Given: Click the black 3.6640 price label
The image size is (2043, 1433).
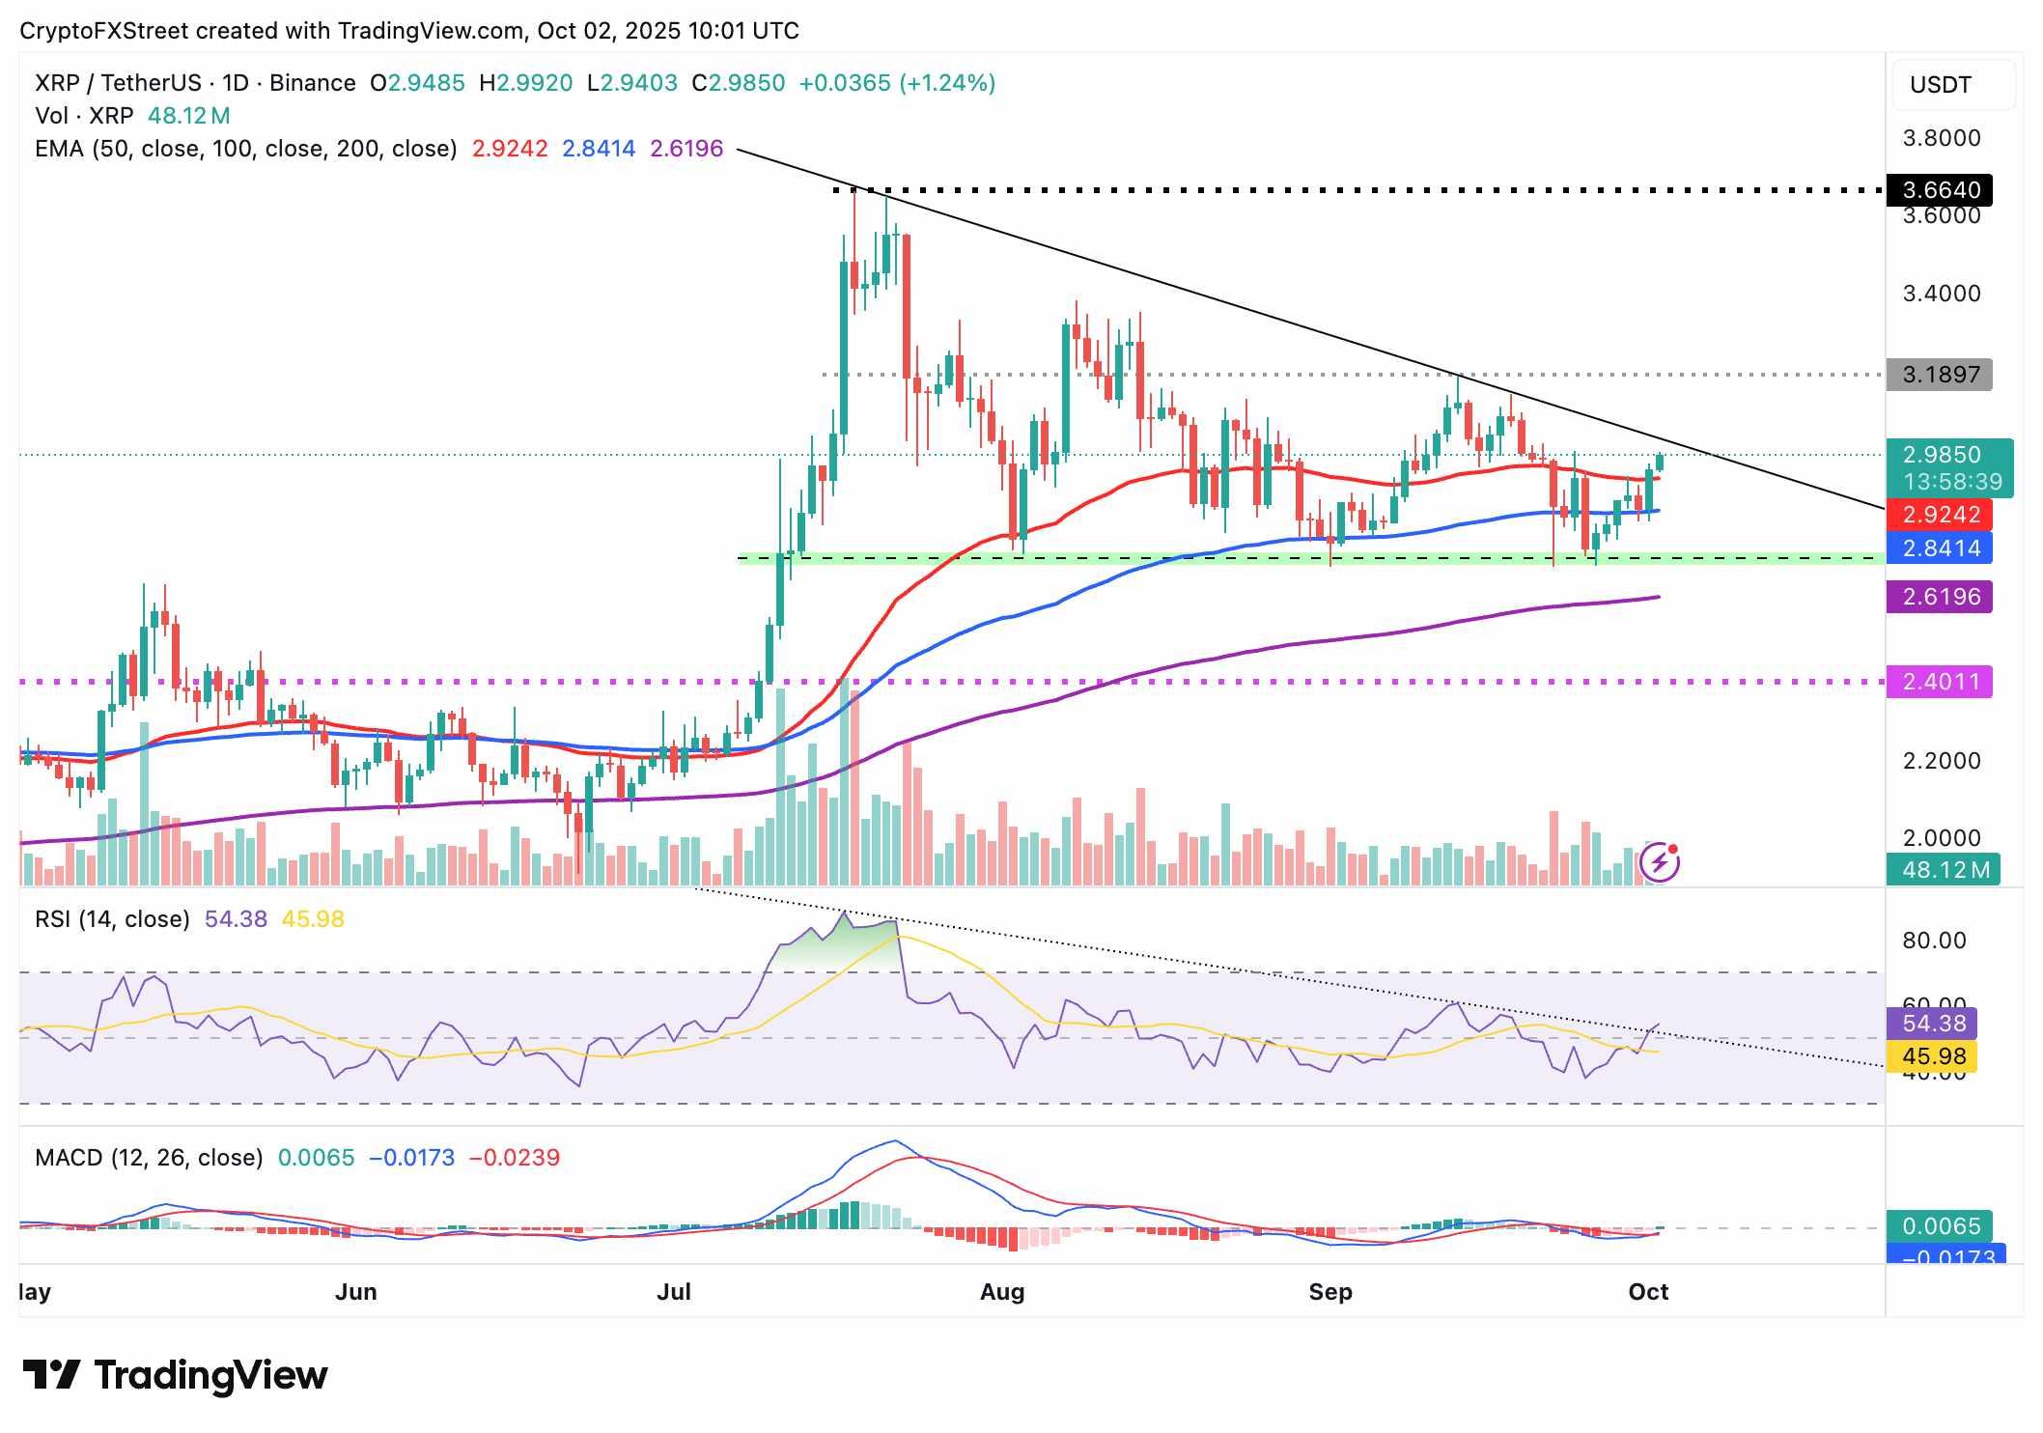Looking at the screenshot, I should pyautogui.click(x=1940, y=190).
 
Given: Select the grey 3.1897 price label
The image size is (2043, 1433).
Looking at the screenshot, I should pyautogui.click(x=1940, y=375).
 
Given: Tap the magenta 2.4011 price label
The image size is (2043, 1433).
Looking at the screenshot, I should pyautogui.click(x=1940, y=682).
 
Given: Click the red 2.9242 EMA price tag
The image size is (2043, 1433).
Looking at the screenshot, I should pyautogui.click(x=1940, y=515).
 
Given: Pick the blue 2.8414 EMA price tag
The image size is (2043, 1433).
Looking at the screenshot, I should pyautogui.click(x=1940, y=548).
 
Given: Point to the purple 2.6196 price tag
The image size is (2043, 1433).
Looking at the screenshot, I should pyautogui.click(x=1940, y=597).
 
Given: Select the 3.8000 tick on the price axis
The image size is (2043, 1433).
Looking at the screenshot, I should pyautogui.click(x=1941, y=138).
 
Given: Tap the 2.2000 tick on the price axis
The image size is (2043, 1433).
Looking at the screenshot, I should pyautogui.click(x=1941, y=761).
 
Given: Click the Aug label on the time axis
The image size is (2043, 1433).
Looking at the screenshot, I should pyautogui.click(x=1001, y=1292).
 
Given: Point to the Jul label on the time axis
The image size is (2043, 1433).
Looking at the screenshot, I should pyautogui.click(x=673, y=1292).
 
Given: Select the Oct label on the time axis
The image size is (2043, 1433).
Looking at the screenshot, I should pyautogui.click(x=1648, y=1292).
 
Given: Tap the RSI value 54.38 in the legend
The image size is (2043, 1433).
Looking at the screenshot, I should pyautogui.click(x=236, y=919).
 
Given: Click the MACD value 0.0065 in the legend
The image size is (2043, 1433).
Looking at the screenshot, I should pyautogui.click(x=316, y=1158).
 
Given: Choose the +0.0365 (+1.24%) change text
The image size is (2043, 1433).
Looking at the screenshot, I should pyautogui.click(x=897, y=83).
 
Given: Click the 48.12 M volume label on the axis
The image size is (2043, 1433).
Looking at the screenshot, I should pyautogui.click(x=1945, y=870).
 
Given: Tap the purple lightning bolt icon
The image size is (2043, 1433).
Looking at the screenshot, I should pyautogui.click(x=1660, y=861).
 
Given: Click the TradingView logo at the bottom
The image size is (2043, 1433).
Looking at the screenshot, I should pyautogui.click(x=175, y=1375).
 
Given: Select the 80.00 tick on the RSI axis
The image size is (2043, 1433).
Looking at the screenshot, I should pyautogui.click(x=1934, y=941).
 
